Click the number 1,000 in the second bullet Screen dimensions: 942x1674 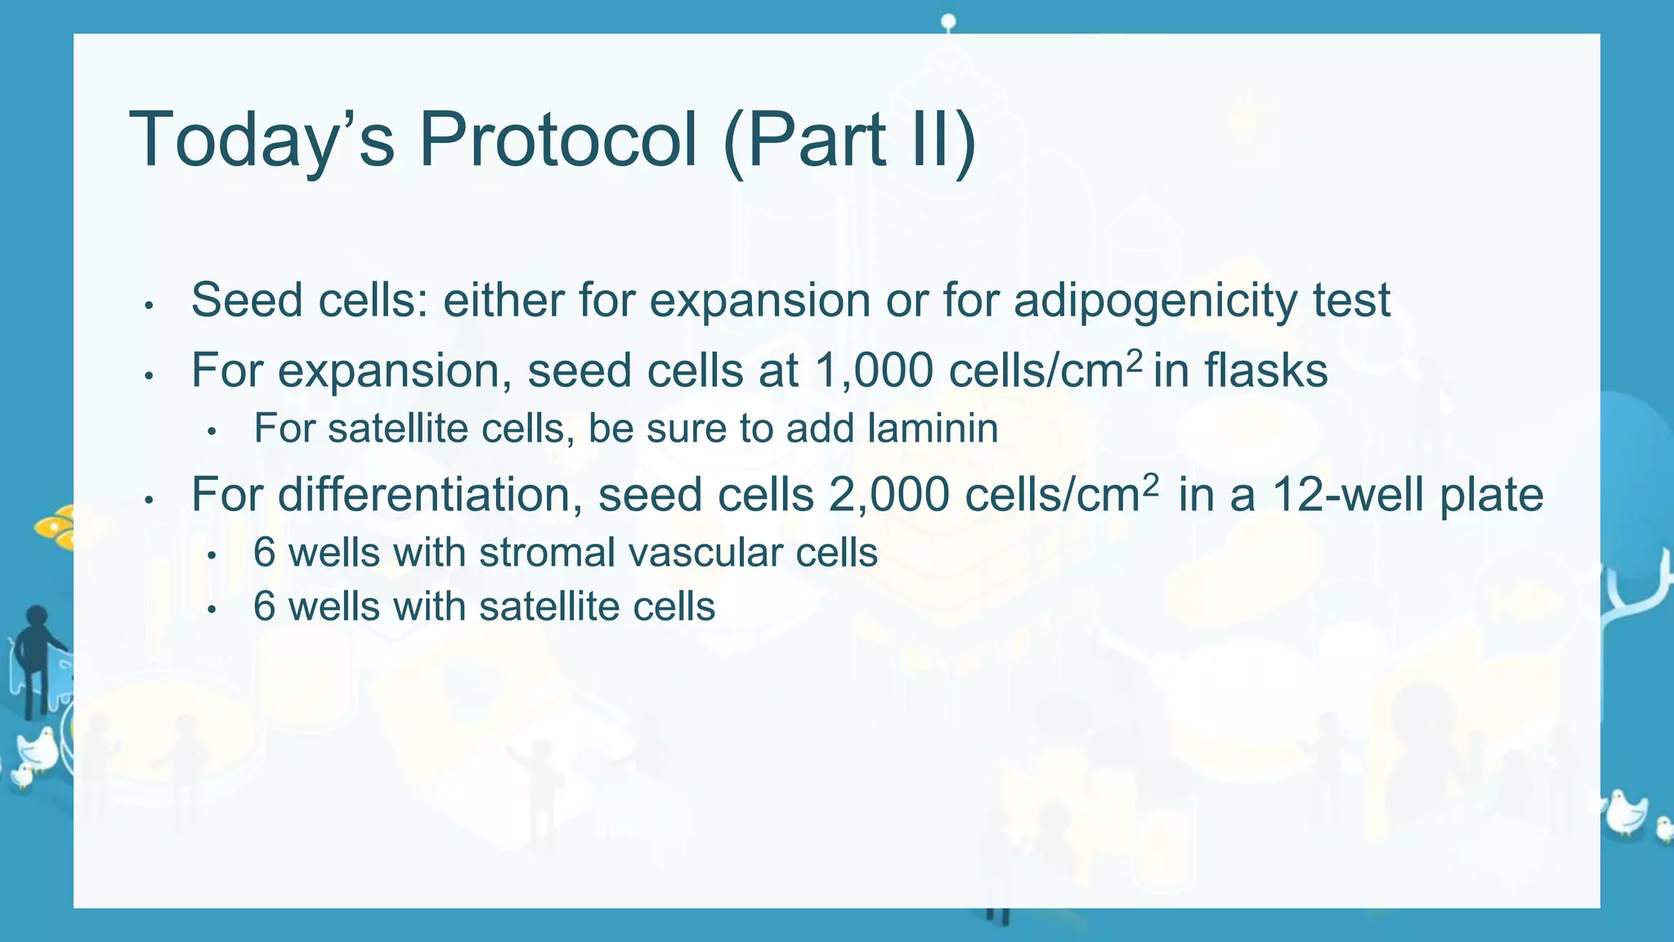pos(874,370)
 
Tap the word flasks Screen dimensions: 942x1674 pos(1265,370)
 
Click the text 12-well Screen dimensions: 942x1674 pos(1349,495)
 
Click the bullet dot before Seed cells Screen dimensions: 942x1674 pos(149,307)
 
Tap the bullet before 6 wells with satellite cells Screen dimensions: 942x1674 pos(212,609)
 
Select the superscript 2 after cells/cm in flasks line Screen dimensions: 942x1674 pos(1134,359)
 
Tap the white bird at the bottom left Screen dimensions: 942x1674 pos(38,748)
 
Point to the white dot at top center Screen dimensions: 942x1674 pos(948,20)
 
